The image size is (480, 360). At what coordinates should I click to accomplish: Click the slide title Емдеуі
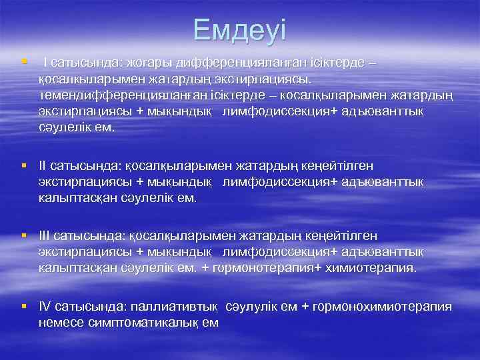click(240, 31)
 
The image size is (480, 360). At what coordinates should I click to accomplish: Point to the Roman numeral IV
click(45, 307)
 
